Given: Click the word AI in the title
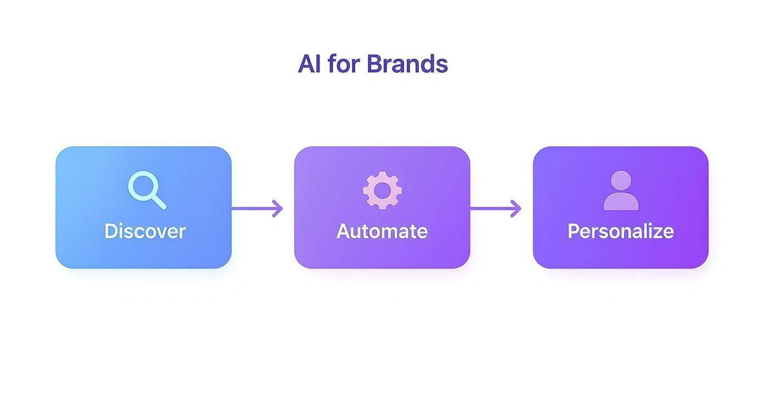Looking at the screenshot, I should pyautogui.click(x=309, y=64).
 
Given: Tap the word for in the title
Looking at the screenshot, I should pyautogui.click(x=344, y=64).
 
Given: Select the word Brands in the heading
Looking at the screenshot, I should pyautogui.click(x=407, y=64).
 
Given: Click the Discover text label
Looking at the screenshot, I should pyautogui.click(x=145, y=231).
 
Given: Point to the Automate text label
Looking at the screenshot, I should pyautogui.click(x=382, y=231).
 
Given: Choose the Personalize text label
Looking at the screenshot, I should pyautogui.click(x=620, y=231).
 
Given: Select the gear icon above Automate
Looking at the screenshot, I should pyautogui.click(x=382, y=190).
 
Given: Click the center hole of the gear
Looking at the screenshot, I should pyautogui.click(x=382, y=190).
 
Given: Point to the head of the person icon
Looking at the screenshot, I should pyautogui.click(x=620, y=180).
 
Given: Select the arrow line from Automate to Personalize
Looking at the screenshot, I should pyautogui.click(x=489, y=209).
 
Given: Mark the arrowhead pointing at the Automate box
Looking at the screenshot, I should pyautogui.click(x=278, y=209).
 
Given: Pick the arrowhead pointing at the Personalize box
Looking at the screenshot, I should pyautogui.click(x=516, y=209).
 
